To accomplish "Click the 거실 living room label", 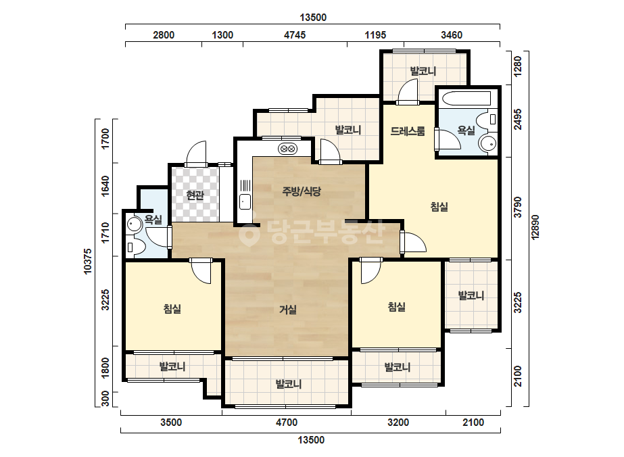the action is click(x=288, y=310).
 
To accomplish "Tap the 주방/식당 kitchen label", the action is click(x=302, y=191).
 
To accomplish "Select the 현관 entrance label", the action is click(x=195, y=195).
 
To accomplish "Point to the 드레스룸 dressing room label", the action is click(x=408, y=131).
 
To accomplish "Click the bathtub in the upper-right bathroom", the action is click(x=466, y=99).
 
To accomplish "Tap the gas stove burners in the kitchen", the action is click(x=288, y=149).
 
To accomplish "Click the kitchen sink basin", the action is click(x=245, y=202).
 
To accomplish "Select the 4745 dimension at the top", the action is click(x=295, y=35).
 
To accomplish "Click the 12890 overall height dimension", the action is click(x=535, y=227).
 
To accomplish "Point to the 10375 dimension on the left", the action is click(x=88, y=261).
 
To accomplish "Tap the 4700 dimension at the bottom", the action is click(x=287, y=423).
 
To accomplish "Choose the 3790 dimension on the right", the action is click(x=518, y=208).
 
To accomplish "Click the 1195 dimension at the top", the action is click(x=375, y=35).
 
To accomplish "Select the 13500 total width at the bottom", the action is click(x=311, y=440).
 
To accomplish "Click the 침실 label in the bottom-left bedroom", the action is click(x=172, y=308).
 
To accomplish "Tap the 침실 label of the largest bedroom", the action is click(x=439, y=207).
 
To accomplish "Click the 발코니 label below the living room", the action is click(x=289, y=384).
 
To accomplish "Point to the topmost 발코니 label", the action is click(x=423, y=71).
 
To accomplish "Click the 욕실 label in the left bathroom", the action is click(x=153, y=219).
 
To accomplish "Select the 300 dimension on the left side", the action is click(x=105, y=399).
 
